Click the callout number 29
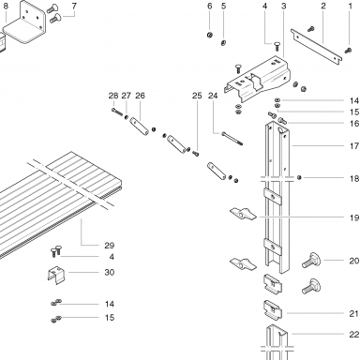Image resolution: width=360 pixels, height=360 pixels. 109,246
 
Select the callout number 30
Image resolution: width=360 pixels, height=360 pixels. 109,272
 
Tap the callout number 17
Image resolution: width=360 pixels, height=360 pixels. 354,146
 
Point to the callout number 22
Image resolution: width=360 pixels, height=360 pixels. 353,335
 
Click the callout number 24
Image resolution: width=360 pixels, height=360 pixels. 213,96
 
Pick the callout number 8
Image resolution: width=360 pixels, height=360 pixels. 6,6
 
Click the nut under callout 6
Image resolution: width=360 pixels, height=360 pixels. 210,35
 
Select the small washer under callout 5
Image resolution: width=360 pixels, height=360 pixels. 223,43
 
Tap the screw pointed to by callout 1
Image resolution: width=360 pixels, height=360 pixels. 349,50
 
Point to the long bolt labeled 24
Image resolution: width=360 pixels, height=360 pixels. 232,139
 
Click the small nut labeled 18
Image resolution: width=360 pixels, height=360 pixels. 299,177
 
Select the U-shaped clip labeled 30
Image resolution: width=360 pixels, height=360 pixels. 56,275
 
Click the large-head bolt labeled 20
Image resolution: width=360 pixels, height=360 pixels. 311,260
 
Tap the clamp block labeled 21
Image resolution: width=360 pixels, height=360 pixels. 273,311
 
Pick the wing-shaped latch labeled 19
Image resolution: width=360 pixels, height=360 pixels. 243,214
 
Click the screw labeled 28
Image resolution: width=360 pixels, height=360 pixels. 117,112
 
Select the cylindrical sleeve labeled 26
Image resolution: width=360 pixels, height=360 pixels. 139,127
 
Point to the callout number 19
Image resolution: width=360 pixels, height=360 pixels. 354,217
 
